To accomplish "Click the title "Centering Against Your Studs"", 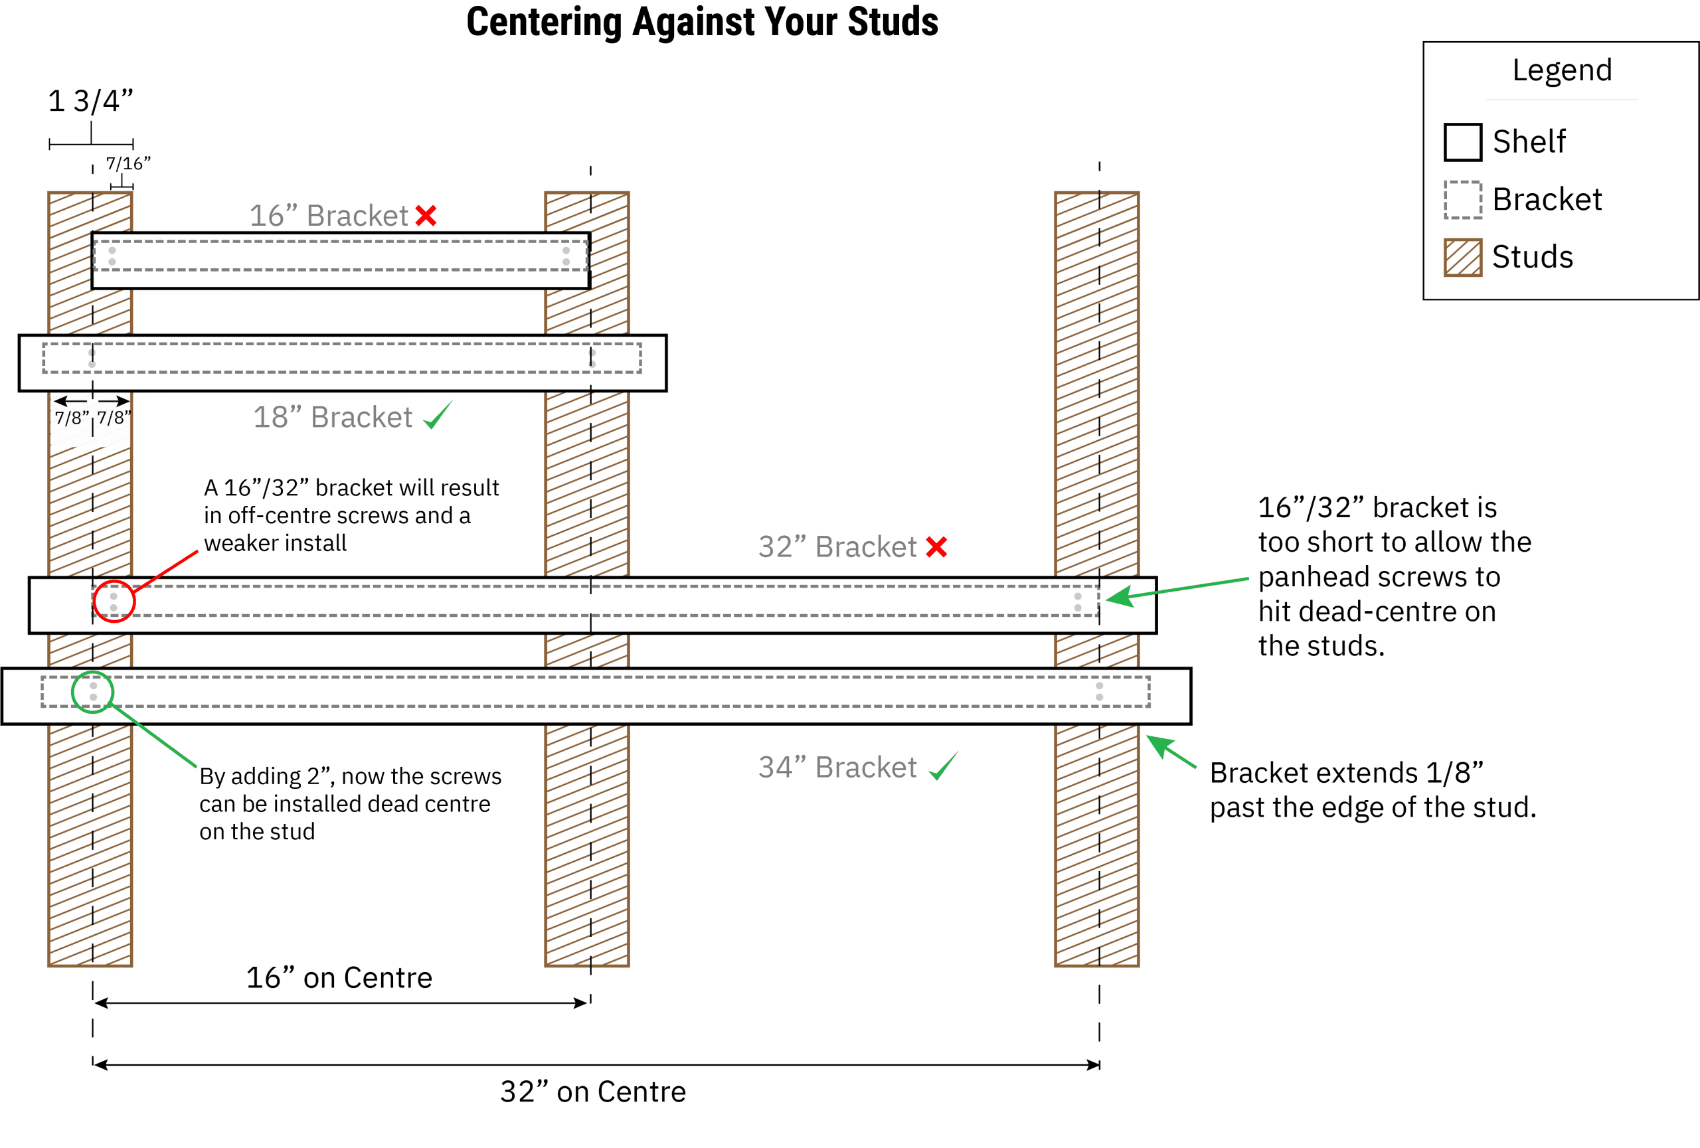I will point(702,22).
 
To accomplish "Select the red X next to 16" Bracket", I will point(426,216).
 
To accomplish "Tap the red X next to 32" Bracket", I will point(936,547).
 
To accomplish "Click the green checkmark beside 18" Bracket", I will point(438,417).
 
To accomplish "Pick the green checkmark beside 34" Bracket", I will point(944,766).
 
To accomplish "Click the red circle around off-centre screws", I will point(114,601).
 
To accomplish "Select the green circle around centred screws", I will point(92,692).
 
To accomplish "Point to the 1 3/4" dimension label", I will point(91,101).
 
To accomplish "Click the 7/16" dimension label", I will point(128,163).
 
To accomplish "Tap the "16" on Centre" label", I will point(339,977).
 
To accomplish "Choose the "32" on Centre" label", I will point(592,1092).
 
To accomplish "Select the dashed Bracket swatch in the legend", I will point(1463,200).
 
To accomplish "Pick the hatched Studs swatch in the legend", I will point(1463,258).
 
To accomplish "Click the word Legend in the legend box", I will point(1562,70).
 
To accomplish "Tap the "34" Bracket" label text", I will point(837,767).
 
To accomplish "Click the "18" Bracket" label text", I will point(333,417).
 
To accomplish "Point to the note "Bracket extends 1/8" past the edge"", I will point(1373,789).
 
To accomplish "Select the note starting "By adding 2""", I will point(350,803).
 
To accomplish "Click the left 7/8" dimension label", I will point(71,418).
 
